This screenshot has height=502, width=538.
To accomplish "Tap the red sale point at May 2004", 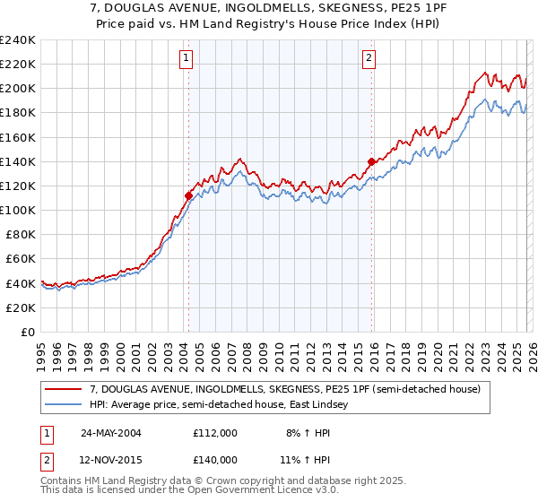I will click(x=188, y=195).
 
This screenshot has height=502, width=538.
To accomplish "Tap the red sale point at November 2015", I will click(x=370, y=161).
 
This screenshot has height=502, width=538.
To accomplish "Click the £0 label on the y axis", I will click(x=27, y=332).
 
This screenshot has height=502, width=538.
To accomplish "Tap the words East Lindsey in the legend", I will click(x=335, y=405).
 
